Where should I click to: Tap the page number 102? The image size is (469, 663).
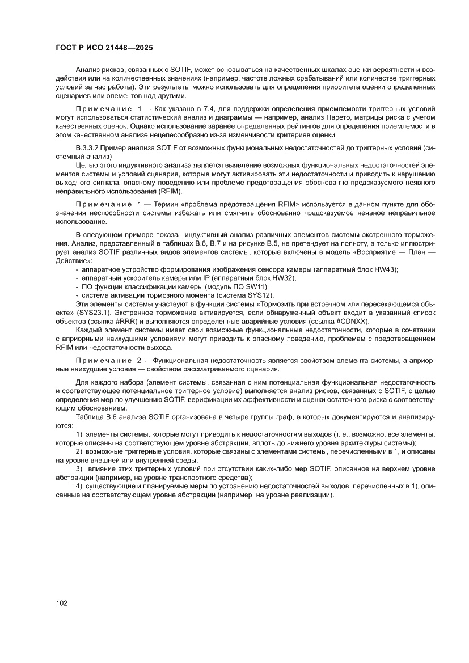[x=62, y=603]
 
